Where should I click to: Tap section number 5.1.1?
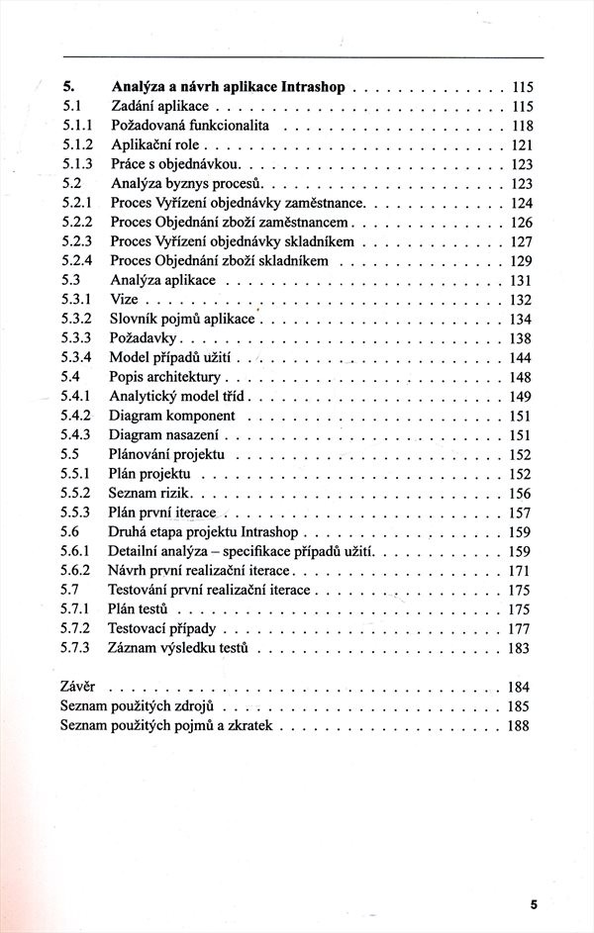pyautogui.click(x=75, y=126)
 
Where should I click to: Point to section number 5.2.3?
pyautogui.click(x=75, y=241)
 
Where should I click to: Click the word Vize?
pyautogui.click(x=124, y=300)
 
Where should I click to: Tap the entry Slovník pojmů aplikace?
pyautogui.click(x=182, y=319)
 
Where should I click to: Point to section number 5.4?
pyautogui.click(x=69, y=377)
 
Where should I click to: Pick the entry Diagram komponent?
pyautogui.click(x=172, y=416)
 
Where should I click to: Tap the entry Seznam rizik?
pyautogui.click(x=152, y=493)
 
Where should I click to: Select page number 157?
pyautogui.click(x=521, y=513)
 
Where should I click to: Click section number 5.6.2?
pyautogui.click(x=75, y=571)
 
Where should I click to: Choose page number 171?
pyautogui.click(x=521, y=571)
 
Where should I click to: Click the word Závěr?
pyautogui.click(x=78, y=687)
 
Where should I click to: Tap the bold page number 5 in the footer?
pyautogui.click(x=533, y=904)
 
